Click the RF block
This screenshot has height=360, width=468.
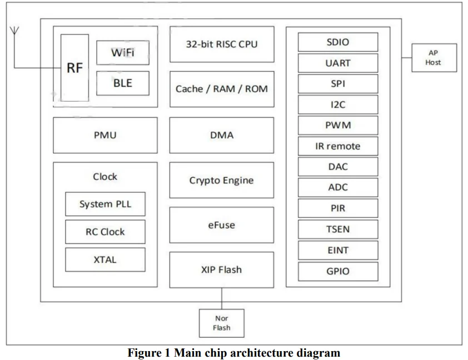coord(74,68)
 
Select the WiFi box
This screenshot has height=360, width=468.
coord(122,53)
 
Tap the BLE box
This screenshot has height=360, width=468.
coord(122,83)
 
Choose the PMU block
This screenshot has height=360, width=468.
coord(104,135)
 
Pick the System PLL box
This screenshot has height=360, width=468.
coord(105,204)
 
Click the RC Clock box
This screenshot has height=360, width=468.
coord(105,232)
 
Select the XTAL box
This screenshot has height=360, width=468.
coord(105,259)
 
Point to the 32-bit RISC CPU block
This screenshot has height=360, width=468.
coord(221,44)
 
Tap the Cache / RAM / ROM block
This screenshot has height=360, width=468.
coord(221,89)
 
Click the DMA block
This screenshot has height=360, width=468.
coord(221,135)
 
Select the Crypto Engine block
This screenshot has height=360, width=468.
coord(221,180)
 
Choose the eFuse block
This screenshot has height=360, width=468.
coord(221,225)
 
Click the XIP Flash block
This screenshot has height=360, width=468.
coord(221,270)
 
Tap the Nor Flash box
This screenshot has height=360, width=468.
coord(221,323)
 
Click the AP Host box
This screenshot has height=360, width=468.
coord(434,58)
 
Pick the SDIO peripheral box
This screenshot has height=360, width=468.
coord(338,42)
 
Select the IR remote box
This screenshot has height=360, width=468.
coord(338,146)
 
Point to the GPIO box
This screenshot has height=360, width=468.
coord(338,272)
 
